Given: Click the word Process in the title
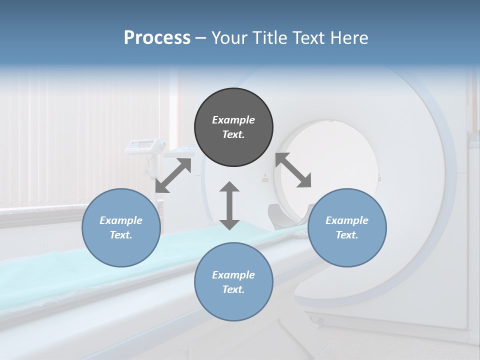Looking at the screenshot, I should (157, 38).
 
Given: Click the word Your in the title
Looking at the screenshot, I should (230, 38).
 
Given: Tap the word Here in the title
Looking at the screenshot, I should (349, 38).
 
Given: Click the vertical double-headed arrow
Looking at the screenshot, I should (229, 205).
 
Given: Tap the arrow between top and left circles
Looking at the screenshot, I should (173, 175).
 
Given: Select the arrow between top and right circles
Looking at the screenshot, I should (293, 170).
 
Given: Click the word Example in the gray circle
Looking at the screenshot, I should (233, 120).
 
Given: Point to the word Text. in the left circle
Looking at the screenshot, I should (121, 235).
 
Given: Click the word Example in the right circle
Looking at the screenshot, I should (347, 220).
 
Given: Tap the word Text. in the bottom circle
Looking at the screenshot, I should (233, 289).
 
